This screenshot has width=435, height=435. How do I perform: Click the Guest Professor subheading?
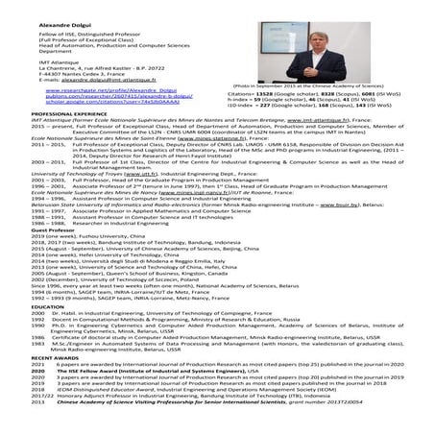pos(29,230)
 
